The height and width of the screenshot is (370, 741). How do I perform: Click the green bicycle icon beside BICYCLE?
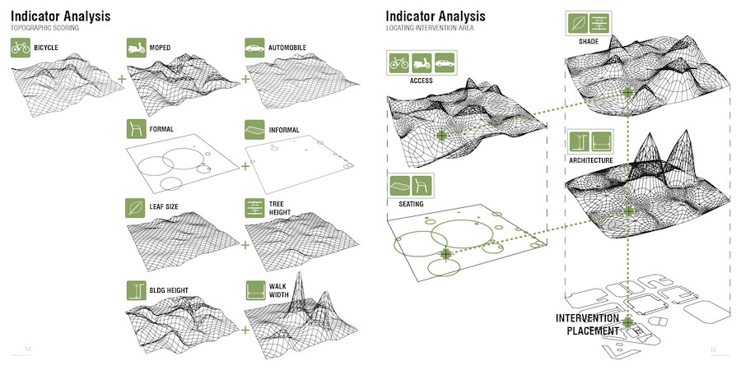[21, 48]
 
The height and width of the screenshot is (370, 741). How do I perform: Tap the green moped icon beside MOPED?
[137, 48]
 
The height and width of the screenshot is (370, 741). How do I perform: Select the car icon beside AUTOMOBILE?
[255, 48]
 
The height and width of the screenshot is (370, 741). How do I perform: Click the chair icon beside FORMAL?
[137, 129]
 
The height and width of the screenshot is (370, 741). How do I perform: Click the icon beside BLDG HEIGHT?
[137, 290]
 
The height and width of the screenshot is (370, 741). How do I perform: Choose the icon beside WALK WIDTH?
[255, 290]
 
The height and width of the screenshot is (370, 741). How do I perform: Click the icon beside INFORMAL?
[255, 129]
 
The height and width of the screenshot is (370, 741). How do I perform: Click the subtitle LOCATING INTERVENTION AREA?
[430, 29]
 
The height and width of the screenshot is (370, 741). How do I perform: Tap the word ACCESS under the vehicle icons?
[421, 81]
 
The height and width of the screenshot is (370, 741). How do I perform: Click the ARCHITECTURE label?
[590, 160]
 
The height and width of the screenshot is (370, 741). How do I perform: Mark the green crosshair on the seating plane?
[445, 255]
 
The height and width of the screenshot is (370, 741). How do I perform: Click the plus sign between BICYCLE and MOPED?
[122, 79]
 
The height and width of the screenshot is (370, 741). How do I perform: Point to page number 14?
[28, 350]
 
